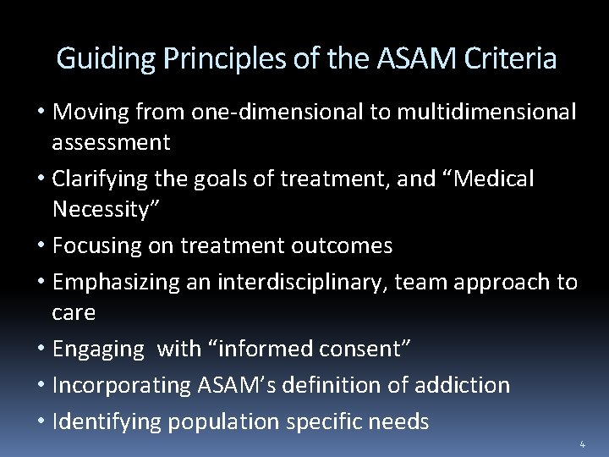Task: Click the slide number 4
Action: [582, 443]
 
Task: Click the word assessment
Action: [111, 142]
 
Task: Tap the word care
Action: [74, 312]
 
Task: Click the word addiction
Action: [463, 385]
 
